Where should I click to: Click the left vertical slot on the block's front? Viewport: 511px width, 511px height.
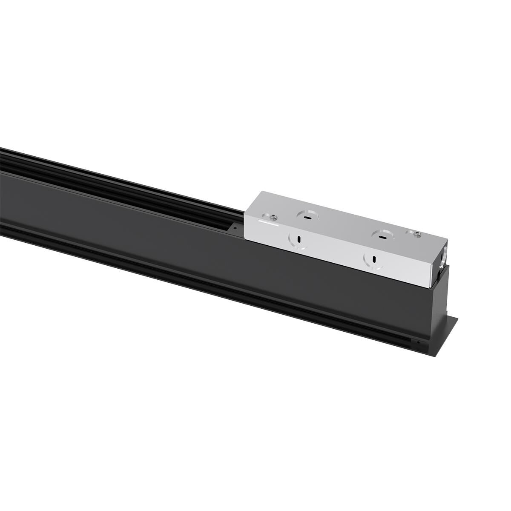click(x=299, y=239)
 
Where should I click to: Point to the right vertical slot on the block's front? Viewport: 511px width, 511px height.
click(x=373, y=258)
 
